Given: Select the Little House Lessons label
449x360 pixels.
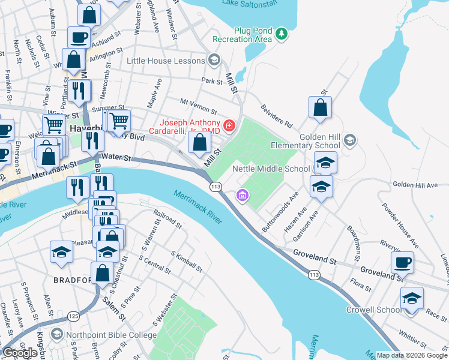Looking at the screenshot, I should tap(166, 61).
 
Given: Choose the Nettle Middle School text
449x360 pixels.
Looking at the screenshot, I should tap(271, 169).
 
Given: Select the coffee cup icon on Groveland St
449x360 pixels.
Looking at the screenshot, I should tap(402, 262).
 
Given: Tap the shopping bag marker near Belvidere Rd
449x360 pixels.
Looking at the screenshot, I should tap(321, 107).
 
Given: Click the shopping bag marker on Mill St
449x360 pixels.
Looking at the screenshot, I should tap(199, 142).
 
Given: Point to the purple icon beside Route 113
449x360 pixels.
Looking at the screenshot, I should tap(242, 194).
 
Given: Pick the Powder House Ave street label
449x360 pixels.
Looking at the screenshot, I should tap(398, 218).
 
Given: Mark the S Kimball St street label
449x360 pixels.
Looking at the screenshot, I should tap(186, 265).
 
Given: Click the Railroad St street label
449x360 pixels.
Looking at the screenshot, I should tap(167, 219).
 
